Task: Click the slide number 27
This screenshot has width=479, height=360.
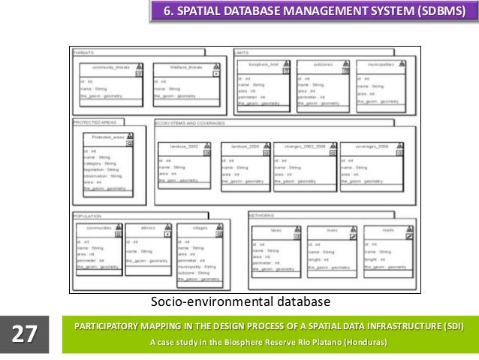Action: [24, 333]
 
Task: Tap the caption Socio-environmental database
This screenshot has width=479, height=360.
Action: [240, 302]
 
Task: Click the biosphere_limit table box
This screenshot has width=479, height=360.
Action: [263, 84]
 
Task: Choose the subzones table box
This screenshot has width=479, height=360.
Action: [322, 84]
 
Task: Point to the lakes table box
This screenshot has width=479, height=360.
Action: [276, 253]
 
